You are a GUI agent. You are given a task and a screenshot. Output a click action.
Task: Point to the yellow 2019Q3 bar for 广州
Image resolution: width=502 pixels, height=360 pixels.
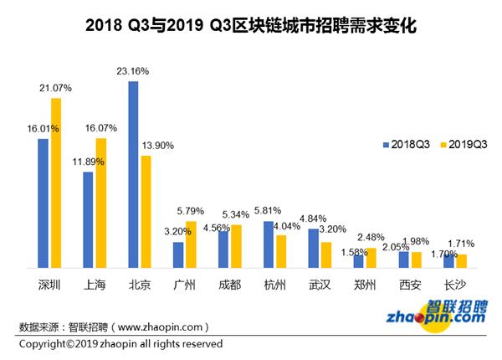click(192, 244)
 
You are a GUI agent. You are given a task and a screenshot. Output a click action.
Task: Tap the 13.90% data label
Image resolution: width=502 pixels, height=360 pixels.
click(158, 146)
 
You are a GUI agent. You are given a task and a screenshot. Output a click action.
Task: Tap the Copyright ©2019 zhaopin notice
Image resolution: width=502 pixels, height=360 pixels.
click(120, 344)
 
